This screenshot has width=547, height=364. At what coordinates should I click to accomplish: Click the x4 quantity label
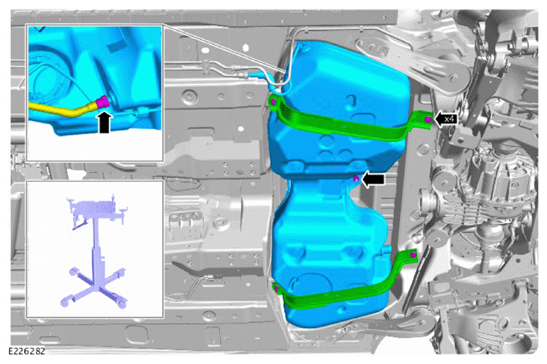450,119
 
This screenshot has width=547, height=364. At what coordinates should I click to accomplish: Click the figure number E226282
27,351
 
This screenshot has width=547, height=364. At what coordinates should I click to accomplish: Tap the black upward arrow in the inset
105,122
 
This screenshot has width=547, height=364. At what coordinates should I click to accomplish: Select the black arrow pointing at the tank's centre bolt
373,179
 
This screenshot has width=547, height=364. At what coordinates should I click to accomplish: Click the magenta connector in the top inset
103,102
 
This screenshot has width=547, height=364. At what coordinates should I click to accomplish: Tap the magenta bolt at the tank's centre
355,179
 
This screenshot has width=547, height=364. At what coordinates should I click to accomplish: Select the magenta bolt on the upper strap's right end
427,120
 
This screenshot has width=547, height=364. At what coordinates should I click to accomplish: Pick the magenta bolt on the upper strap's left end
273,102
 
